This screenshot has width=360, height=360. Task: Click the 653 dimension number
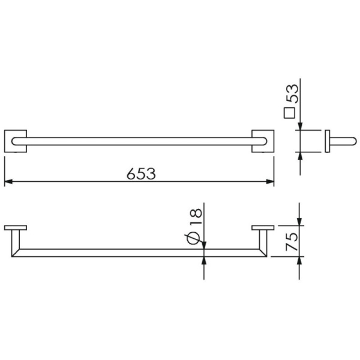point(141,173)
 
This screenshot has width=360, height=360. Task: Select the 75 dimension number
point(292,241)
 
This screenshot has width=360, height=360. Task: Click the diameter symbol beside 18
point(193,238)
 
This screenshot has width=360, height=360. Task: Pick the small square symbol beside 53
point(289,113)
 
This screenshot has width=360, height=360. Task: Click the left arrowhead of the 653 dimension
point(8,182)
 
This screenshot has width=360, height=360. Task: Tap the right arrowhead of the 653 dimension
point(270,182)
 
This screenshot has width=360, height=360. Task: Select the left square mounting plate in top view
point(16,141)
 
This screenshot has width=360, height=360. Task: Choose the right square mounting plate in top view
point(263,141)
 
